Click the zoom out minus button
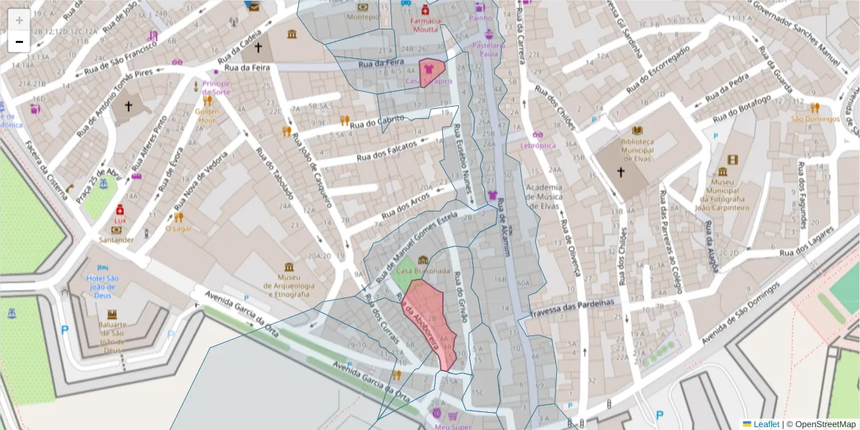[x=19, y=42]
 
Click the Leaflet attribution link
[x=766, y=424]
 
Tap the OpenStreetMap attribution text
[x=825, y=424]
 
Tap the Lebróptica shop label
[x=538, y=145]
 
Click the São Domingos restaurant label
[x=815, y=118]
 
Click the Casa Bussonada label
[x=423, y=271]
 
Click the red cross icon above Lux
[x=120, y=210]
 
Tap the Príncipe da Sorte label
[x=216, y=88]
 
